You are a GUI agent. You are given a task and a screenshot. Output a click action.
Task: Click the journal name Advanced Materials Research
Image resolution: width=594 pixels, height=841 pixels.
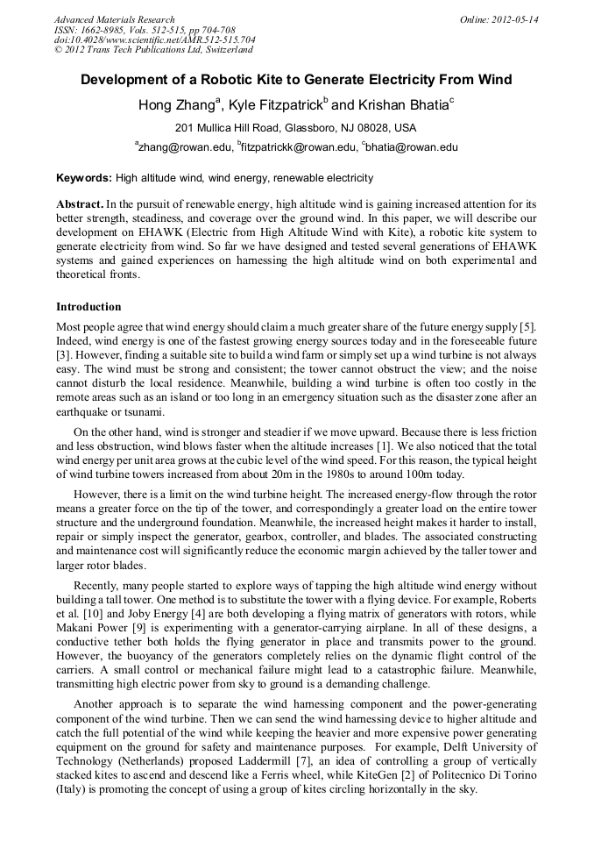115,19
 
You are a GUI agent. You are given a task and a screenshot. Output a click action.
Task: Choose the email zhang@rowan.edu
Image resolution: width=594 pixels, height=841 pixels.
183,147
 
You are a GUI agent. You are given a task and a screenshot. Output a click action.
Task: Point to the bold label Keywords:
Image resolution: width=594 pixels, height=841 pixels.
84,178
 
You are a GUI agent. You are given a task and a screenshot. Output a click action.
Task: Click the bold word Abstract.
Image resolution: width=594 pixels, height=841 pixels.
80,203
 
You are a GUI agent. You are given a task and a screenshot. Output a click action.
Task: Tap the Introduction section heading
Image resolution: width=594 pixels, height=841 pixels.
88,307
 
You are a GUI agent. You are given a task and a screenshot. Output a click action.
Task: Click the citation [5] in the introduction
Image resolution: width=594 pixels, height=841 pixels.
528,328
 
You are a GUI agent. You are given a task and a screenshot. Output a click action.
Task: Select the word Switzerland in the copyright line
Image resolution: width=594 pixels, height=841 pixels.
224,50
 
